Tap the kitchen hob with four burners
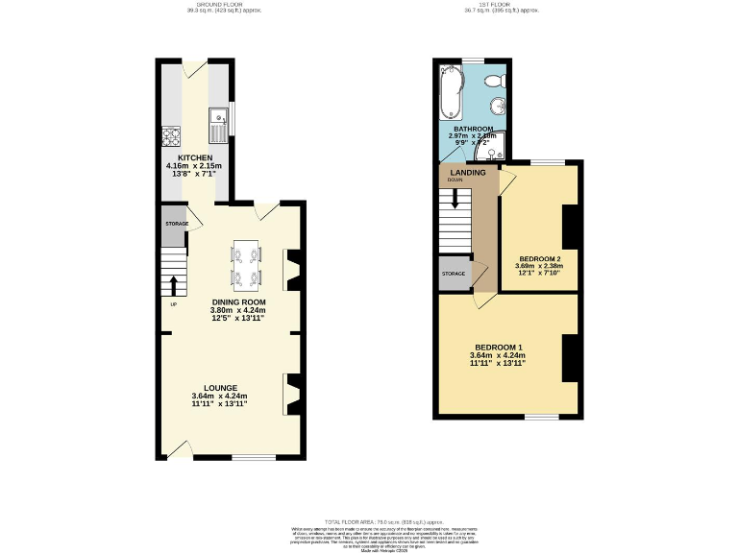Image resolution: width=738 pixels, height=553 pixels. [174, 135]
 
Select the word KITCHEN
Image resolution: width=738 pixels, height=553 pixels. [194, 156]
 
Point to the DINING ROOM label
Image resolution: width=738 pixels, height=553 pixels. [239, 301]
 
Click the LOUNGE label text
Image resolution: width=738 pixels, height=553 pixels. [220, 388]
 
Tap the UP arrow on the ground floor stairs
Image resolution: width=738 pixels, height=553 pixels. [173, 285]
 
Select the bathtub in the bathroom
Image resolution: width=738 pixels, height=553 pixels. [450, 95]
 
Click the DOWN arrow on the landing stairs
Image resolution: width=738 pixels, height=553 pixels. [455, 199]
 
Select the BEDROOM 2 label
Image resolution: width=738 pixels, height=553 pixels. [539, 258]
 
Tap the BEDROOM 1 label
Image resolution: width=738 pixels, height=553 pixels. [498, 347]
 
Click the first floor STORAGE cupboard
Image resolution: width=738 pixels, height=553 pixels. [454, 274]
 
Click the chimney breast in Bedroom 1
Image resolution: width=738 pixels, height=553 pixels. [570, 358]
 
